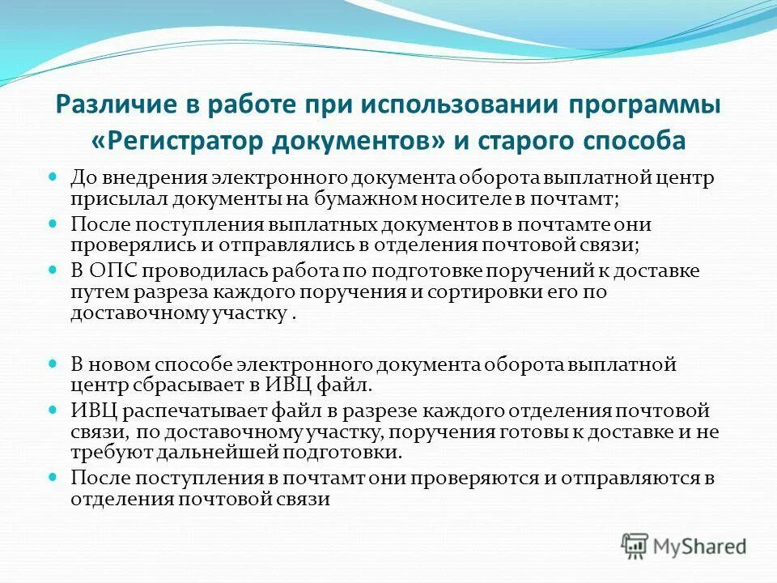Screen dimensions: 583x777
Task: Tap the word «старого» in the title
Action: click(530, 140)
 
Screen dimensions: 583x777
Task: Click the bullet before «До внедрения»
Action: click(54, 176)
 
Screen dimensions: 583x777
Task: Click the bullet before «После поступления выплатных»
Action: click(54, 221)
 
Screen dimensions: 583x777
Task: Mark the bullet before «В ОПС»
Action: click(54, 267)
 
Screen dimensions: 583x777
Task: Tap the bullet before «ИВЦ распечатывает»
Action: click(54, 407)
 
